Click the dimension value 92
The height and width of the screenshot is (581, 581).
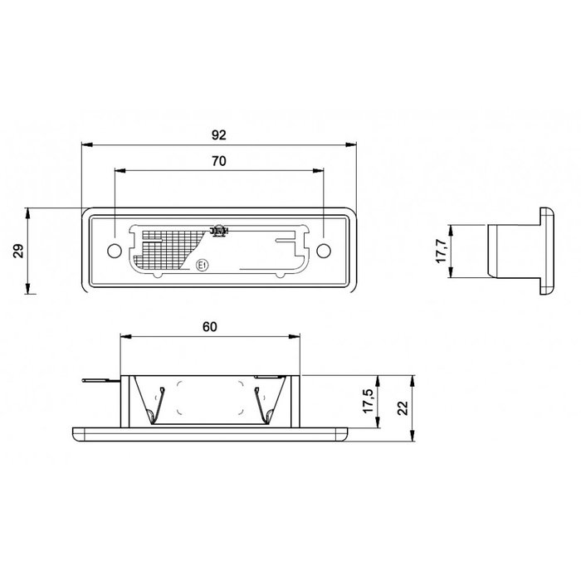tap(219, 134)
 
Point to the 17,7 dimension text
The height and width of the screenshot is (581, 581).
tap(441, 250)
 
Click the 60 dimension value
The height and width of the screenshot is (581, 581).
tap(209, 327)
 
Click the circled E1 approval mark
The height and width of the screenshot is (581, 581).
tap(202, 265)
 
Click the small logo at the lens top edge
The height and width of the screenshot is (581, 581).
tap(220, 230)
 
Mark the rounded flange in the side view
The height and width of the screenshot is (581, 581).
tap(549, 250)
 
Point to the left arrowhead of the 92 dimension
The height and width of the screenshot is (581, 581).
tap(85, 144)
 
